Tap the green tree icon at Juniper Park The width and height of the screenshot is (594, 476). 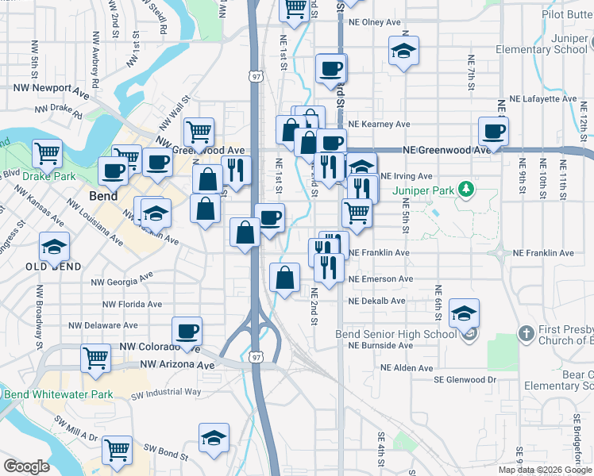(x=467, y=190)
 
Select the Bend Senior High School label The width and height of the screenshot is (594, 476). (x=397, y=334)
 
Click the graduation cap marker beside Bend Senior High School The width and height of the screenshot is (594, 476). (x=465, y=313)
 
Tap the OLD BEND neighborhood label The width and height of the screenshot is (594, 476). (x=53, y=267)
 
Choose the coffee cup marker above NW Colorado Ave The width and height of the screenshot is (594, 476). (x=187, y=331)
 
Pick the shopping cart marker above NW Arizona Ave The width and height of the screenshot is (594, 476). (x=96, y=358)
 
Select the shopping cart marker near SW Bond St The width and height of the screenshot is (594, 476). (x=118, y=449)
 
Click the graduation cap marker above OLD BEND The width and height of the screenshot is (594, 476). (x=54, y=247)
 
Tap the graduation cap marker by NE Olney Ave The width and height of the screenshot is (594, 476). (x=403, y=52)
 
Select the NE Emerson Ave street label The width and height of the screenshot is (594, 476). (x=381, y=279)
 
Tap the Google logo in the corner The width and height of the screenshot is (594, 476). (x=26, y=466)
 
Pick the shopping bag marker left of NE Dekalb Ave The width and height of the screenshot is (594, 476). (x=284, y=278)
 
